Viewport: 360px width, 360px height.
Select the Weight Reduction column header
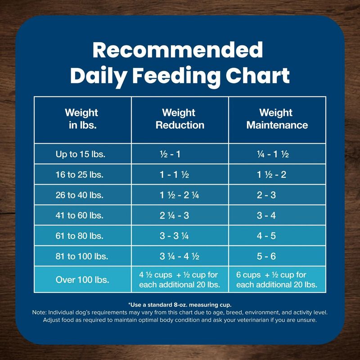tap(180, 118)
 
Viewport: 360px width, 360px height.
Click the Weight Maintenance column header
tap(277, 118)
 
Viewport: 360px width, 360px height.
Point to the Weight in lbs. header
tap(81, 118)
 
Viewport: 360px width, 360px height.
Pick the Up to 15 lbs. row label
tap(81, 154)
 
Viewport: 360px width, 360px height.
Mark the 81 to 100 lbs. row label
tap(81, 256)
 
